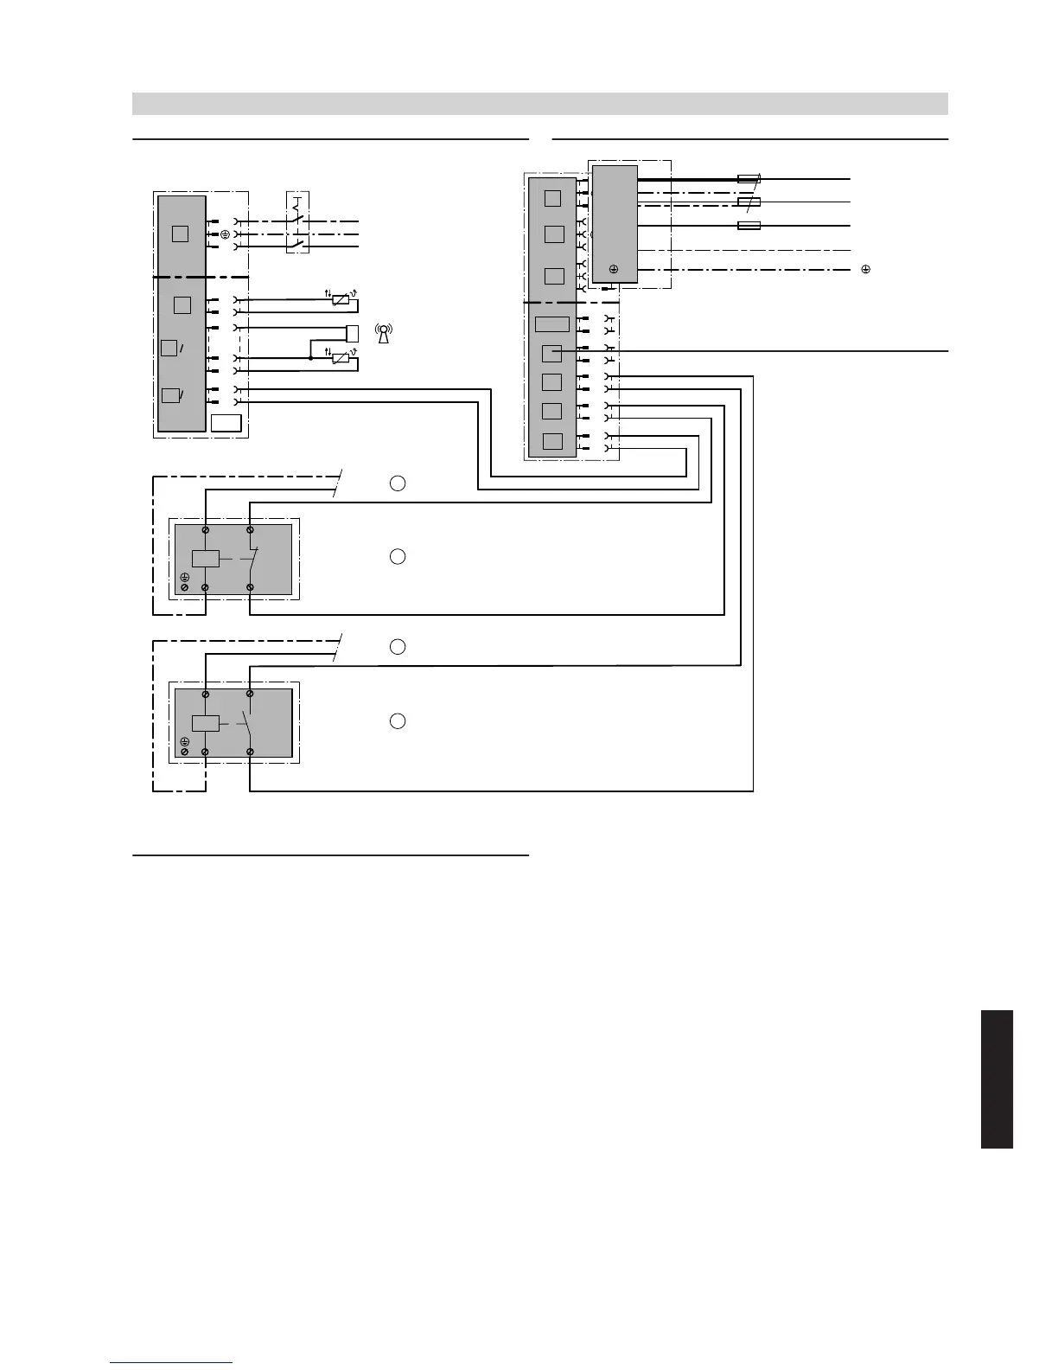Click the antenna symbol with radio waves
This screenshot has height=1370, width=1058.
coord(384,333)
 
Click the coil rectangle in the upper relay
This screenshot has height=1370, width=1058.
coord(205,558)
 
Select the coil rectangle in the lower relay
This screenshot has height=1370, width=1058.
coord(205,723)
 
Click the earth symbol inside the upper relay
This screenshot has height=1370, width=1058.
coord(185,577)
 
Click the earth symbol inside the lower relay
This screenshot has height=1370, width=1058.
coord(185,742)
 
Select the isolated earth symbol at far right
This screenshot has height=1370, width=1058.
coord(865,270)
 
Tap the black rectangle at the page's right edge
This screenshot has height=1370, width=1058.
coord(997,1079)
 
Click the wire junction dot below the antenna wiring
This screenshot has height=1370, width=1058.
coord(310,357)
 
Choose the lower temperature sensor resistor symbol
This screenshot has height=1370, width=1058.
coord(341,358)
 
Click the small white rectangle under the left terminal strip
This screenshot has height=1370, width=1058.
coord(226,423)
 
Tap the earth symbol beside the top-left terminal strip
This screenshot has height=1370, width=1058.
coord(225,234)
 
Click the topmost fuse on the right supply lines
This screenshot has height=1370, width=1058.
coord(749,179)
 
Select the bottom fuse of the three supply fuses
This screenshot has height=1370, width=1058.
coord(749,226)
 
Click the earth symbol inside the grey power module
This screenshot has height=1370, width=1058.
coord(614,270)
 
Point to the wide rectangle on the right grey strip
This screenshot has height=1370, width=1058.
coord(552,324)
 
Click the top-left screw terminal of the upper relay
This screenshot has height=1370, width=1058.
coord(205,529)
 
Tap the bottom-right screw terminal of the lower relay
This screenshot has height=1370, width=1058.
coord(250,752)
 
